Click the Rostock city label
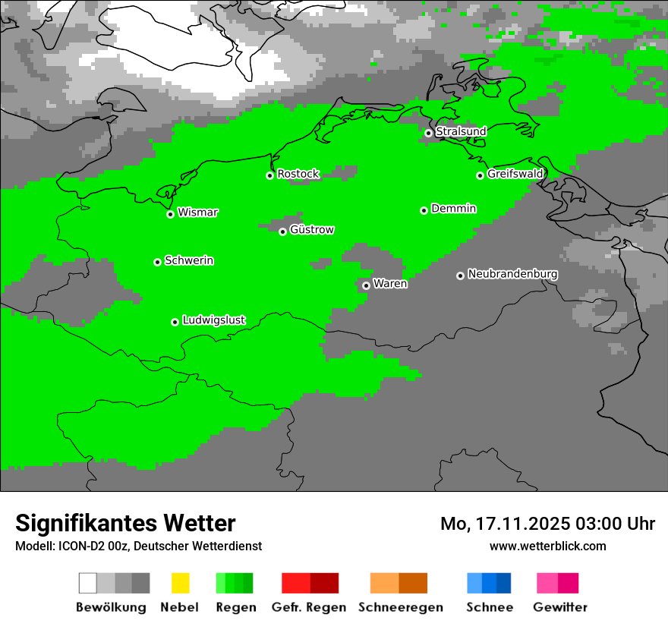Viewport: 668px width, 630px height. click(298, 174)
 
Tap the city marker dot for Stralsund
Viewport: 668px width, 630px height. click(428, 133)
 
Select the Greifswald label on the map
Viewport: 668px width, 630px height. click(515, 174)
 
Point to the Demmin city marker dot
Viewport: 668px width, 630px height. click(424, 210)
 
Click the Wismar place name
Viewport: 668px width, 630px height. click(197, 213)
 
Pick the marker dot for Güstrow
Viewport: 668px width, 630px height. click(282, 232)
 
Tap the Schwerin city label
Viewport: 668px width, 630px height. click(189, 260)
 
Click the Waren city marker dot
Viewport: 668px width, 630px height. click(366, 285)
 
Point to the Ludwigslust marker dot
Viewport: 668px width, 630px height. click(175, 322)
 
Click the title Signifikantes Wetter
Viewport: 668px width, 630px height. click(125, 523)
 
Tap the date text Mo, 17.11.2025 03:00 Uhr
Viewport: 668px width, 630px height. click(547, 524)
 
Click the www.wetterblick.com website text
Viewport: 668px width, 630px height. click(547, 546)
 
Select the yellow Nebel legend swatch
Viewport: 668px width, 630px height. click(180, 583)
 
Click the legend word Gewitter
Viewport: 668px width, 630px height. click(559, 607)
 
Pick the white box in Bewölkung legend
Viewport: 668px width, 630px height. click(88, 583)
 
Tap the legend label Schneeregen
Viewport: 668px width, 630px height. click(400, 607)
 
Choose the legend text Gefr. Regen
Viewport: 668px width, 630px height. click(308, 607)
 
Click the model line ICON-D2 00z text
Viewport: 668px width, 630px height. click(138, 546)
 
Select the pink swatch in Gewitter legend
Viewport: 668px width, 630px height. click(547, 583)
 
